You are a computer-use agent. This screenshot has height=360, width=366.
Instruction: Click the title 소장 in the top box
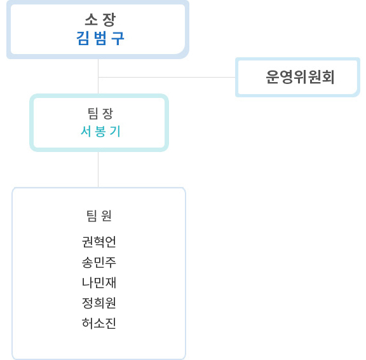click(100, 20)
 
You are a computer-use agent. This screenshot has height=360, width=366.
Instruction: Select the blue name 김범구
click(100, 38)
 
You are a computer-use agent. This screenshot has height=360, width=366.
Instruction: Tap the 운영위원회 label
click(300, 77)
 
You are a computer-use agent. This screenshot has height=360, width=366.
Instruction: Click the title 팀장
click(100, 114)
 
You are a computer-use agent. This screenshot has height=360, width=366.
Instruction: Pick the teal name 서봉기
click(100, 131)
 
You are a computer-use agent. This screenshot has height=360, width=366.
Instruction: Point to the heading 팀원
click(99, 216)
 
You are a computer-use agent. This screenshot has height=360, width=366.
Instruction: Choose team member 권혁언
click(99, 242)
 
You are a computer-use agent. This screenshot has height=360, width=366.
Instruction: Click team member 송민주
click(99, 262)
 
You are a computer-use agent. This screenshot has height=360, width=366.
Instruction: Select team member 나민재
click(99, 282)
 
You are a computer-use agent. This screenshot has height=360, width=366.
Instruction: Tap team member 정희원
click(99, 303)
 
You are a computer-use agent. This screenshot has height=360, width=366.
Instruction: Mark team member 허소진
click(99, 323)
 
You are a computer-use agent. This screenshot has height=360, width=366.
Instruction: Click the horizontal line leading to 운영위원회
click(166, 77)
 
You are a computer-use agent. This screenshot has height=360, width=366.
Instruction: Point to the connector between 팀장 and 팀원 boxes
click(98, 169)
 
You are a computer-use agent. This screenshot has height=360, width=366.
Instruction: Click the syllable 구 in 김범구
click(118, 38)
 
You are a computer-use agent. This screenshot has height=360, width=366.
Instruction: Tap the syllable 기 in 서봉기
click(115, 131)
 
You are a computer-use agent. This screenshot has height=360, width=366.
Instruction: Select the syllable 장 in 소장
click(109, 20)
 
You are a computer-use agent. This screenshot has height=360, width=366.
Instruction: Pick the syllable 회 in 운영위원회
click(328, 77)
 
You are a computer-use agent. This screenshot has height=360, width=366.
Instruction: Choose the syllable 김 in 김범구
click(83, 38)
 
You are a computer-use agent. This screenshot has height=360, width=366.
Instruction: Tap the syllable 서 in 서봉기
click(86, 131)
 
